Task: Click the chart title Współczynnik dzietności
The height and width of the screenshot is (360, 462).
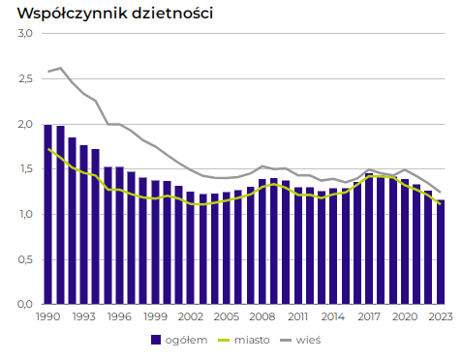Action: coord(108,14)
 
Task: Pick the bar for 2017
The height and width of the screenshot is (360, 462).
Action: coord(369,238)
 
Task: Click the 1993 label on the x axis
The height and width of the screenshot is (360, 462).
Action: coord(83,316)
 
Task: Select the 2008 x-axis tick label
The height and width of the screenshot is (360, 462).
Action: coord(262,316)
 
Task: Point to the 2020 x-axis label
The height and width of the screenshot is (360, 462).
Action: coord(405,316)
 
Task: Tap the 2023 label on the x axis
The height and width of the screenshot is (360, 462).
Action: coord(441,316)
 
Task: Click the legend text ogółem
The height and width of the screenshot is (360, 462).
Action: coord(190,340)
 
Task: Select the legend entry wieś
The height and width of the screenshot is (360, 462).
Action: coord(310,340)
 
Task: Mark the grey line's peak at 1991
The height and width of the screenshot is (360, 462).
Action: coord(60,68)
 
